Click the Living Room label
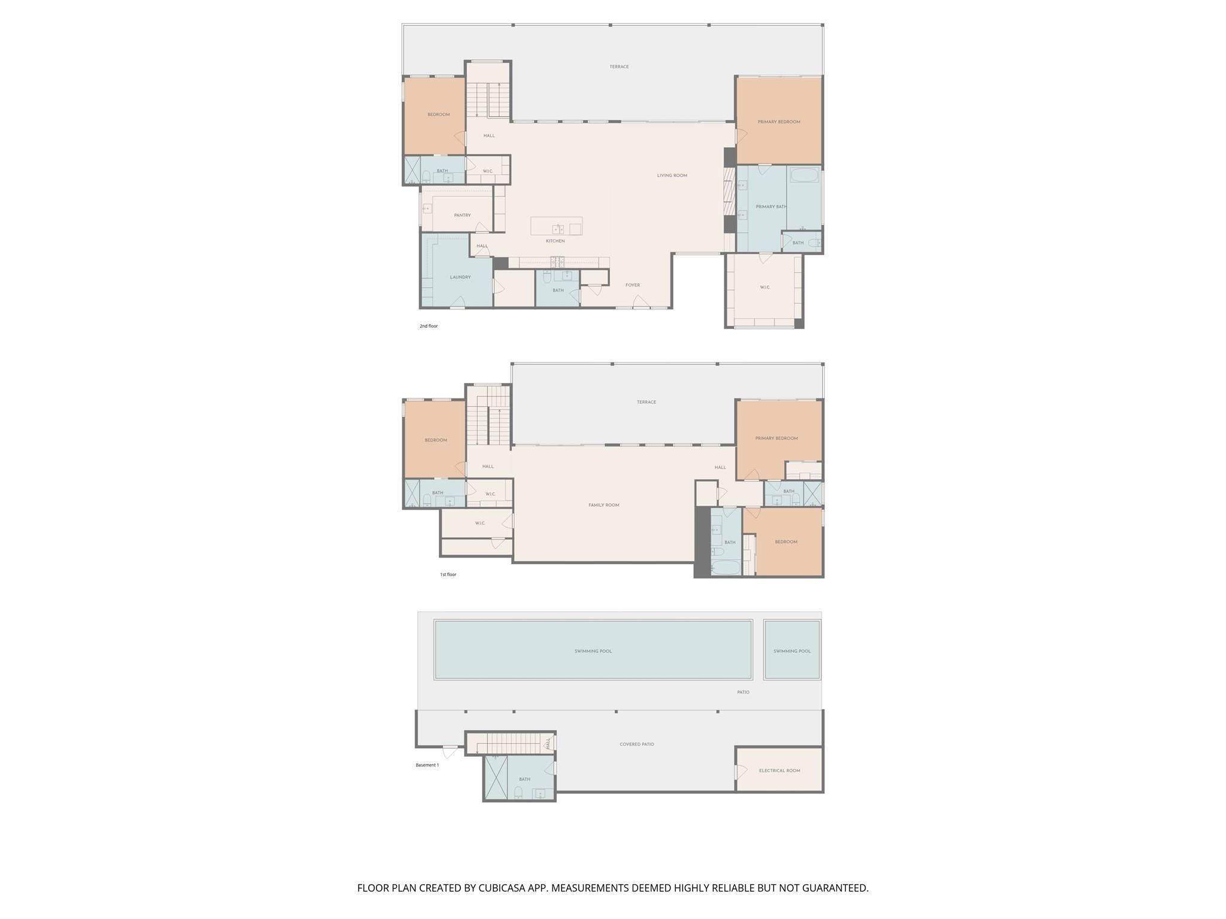click(672, 176)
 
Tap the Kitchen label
click(555, 241)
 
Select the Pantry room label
click(462, 215)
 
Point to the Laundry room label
click(460, 277)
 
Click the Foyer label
click(633, 285)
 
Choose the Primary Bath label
click(771, 207)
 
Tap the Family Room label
click(603, 505)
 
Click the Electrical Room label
click(779, 771)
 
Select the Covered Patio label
click(636, 744)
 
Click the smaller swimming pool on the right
click(792, 650)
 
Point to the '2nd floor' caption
click(429, 326)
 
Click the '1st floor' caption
click(448, 574)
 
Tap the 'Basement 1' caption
click(427, 765)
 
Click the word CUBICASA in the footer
click(502, 888)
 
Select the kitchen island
click(556, 226)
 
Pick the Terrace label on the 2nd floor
click(619, 67)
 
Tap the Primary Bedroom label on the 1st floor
click(776, 439)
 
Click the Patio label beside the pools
click(743, 692)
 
